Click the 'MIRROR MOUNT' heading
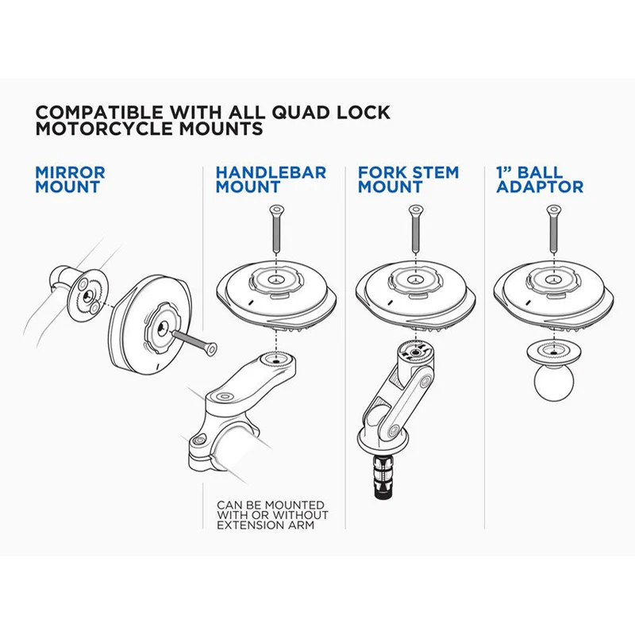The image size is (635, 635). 70,180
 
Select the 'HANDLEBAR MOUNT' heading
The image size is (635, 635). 271,180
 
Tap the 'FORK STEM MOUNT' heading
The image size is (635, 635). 408,180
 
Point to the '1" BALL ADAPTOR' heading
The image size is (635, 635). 540,180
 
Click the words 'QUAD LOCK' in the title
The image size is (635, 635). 331,112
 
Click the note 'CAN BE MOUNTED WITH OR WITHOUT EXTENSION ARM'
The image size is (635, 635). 272,515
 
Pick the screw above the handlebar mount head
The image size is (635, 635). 276,229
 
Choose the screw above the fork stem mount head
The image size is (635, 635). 416,229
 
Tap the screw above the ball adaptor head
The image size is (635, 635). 553,229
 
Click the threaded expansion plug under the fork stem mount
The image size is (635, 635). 383,476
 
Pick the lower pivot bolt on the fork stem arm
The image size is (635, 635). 392,432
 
